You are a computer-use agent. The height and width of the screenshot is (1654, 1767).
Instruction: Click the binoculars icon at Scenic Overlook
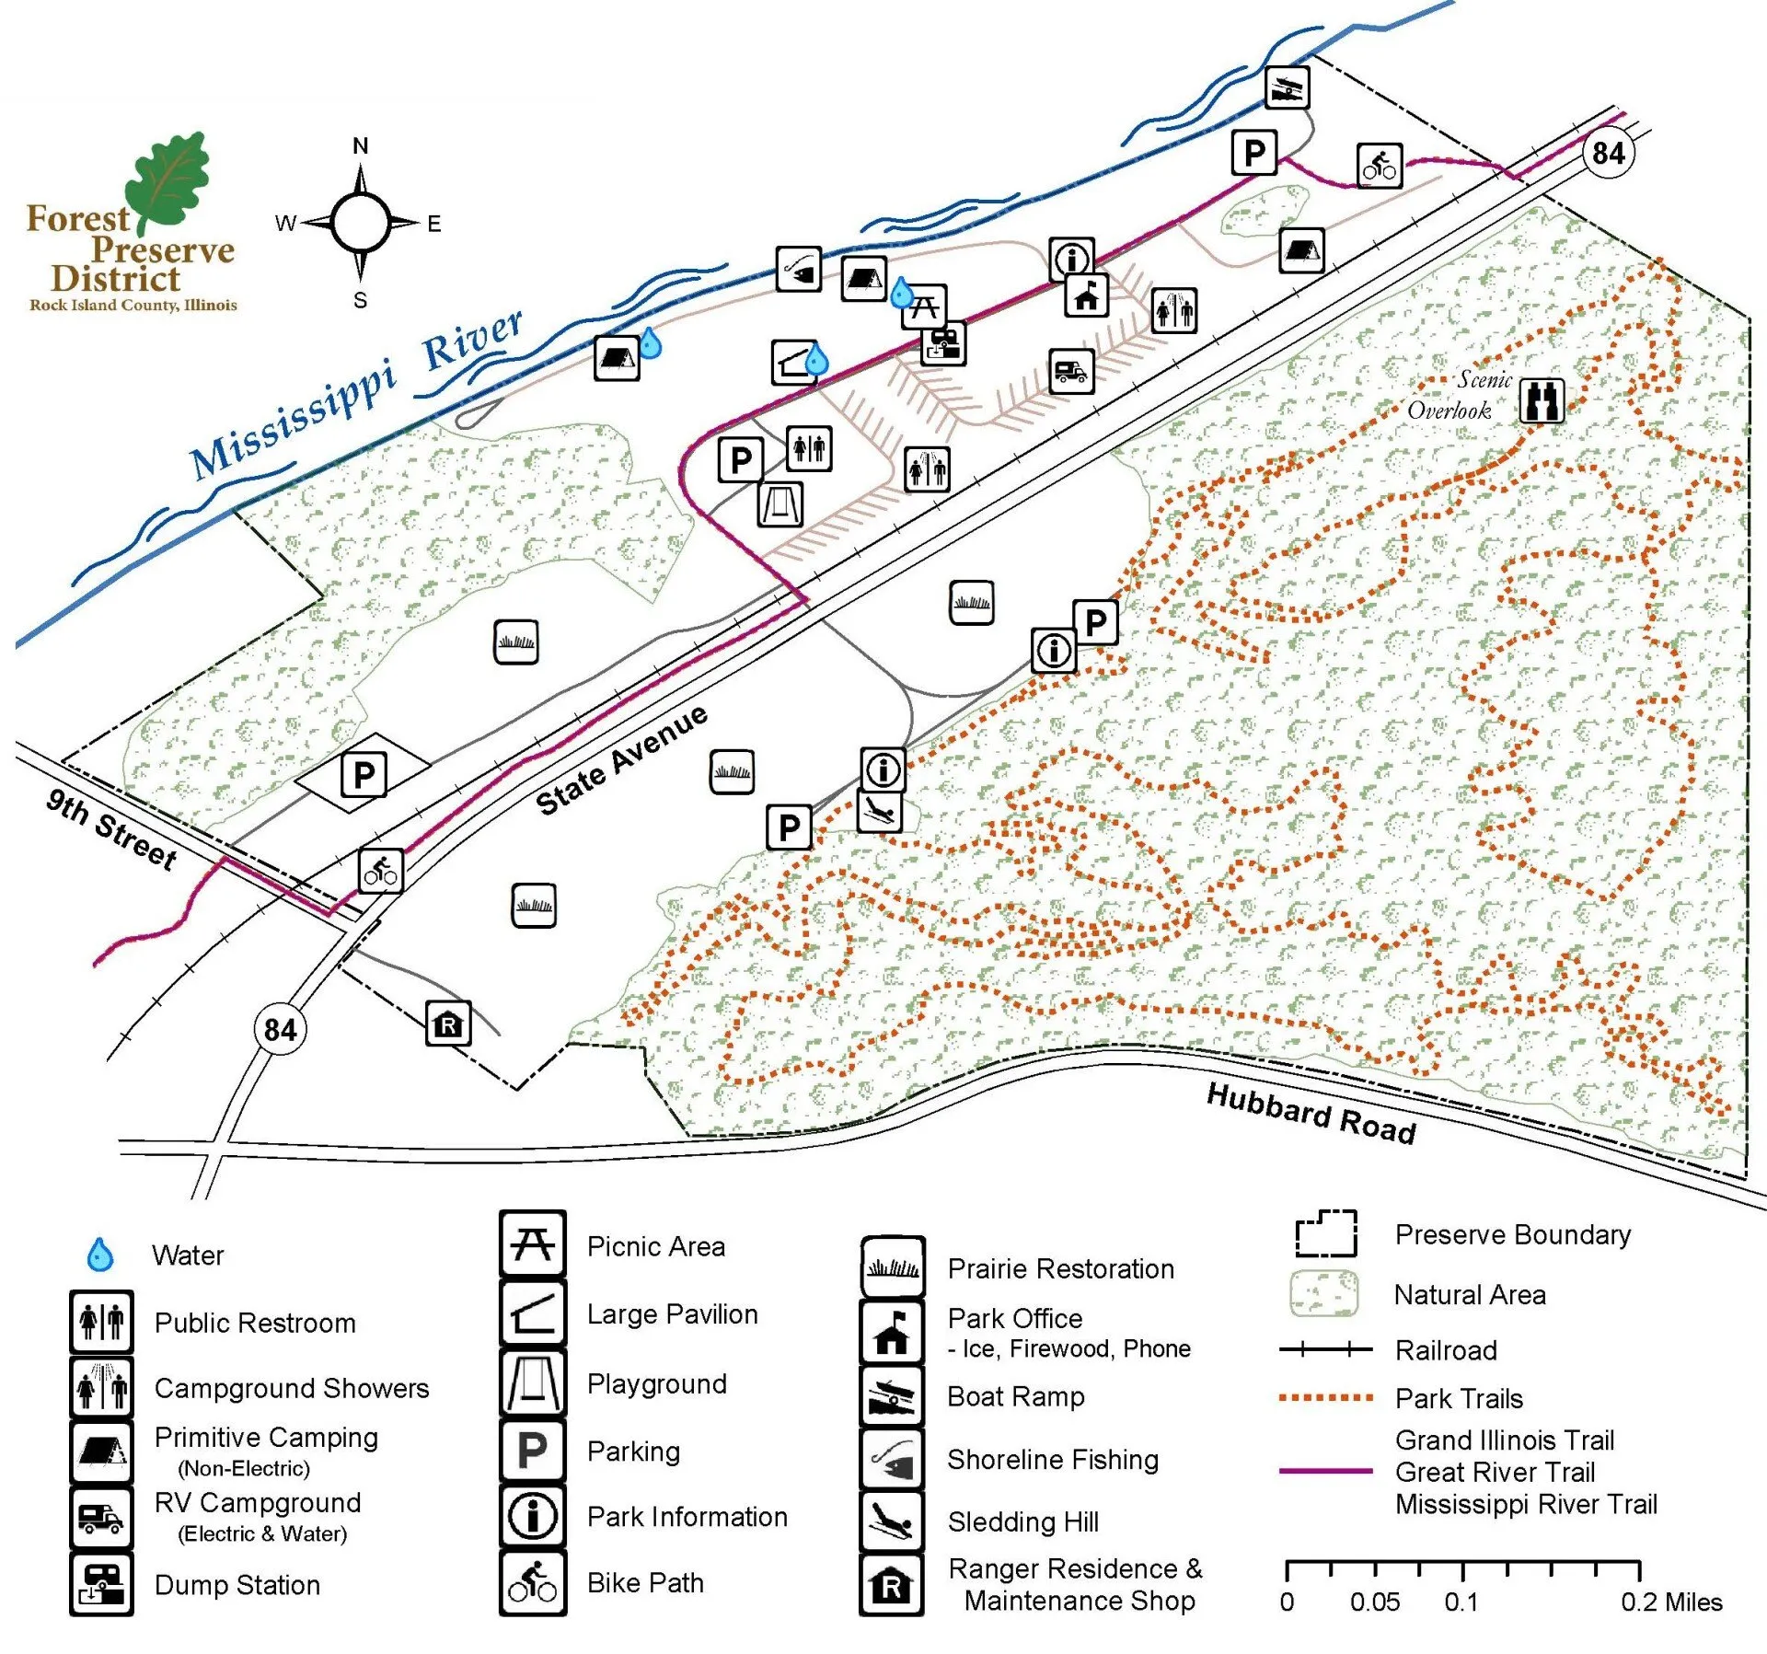click(x=1542, y=401)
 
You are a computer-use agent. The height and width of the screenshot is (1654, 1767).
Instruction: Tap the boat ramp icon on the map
click(x=1287, y=88)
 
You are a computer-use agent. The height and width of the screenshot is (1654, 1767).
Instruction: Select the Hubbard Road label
click(x=1311, y=1113)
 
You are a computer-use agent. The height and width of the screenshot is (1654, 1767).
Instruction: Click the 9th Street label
click(x=111, y=829)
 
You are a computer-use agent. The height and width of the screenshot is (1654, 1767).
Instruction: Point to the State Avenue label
click(x=622, y=760)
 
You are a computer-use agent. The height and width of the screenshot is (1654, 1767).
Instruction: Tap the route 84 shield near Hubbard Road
click(x=280, y=1029)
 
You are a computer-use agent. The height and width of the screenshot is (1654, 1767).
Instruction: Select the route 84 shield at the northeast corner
click(x=1608, y=153)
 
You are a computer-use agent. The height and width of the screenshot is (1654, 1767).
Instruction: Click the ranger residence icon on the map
click(x=448, y=1024)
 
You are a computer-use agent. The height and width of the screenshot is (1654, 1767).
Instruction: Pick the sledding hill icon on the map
click(x=879, y=811)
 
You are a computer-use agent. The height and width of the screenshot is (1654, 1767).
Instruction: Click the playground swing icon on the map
click(x=780, y=504)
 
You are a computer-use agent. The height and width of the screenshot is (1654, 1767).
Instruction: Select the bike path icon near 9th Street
click(x=381, y=871)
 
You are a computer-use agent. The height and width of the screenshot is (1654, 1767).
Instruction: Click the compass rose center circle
click(x=361, y=223)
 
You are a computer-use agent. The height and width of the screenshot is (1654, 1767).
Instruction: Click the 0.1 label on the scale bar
click(x=1461, y=1602)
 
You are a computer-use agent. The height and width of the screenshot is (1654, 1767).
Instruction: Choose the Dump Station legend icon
click(x=101, y=1584)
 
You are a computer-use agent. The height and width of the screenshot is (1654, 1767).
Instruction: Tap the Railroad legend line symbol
click(x=1325, y=1350)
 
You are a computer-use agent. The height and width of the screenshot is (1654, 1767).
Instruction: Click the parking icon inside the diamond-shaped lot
click(x=364, y=775)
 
